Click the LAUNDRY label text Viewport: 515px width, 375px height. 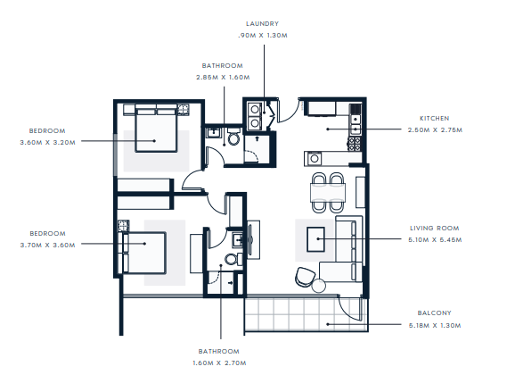(262, 24)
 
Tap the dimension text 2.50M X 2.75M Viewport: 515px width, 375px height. (435, 130)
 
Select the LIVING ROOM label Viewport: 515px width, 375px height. (435, 229)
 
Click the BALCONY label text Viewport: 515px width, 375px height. (434, 312)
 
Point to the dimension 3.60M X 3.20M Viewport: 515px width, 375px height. (47, 143)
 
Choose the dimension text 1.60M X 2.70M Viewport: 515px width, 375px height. (219, 363)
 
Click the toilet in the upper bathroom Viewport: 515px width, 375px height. (233, 137)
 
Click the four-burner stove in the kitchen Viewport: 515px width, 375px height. (355, 144)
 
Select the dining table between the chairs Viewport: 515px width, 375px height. (328, 193)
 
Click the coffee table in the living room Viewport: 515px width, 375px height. (315, 239)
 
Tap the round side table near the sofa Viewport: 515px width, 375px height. (319, 286)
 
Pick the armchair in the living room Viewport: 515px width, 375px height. (305, 277)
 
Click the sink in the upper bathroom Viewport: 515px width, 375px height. (214, 133)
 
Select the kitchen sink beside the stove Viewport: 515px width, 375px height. (355, 124)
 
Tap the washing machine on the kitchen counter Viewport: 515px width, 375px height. (315, 159)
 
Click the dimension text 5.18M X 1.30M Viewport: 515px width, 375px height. (435, 326)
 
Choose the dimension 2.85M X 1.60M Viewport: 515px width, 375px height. (223, 78)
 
